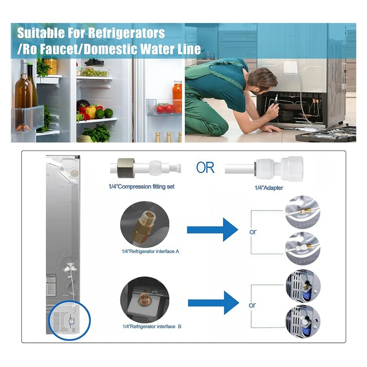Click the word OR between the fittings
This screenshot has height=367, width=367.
point(205,167)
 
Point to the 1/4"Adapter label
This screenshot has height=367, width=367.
point(269,188)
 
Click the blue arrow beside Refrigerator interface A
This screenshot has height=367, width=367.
point(212,229)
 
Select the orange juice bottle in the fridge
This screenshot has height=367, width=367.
point(177,92)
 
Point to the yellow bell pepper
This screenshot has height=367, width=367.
point(91,111)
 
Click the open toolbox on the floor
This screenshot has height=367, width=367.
point(326,134)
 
